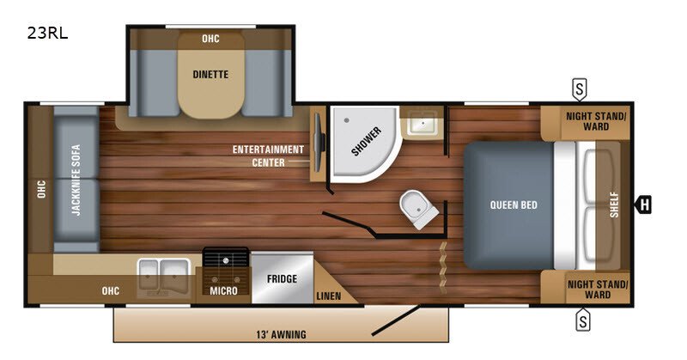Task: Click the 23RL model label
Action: point(47,34)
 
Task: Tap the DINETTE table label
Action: point(210,75)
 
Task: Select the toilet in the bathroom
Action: point(418,209)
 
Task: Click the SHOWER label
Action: point(367,141)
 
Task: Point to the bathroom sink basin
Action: point(421,122)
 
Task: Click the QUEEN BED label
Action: point(514,204)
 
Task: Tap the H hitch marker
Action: point(643,204)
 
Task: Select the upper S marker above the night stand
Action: point(579,89)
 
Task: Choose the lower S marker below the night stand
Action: point(583,320)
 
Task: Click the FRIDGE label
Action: point(282,279)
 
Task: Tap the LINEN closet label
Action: point(329,296)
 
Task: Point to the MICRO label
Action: point(223,290)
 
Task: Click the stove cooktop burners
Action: point(226,269)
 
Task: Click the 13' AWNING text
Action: point(282,334)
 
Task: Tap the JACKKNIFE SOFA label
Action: point(76,180)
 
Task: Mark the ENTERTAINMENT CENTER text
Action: point(268,156)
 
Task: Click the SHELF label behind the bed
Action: point(614,204)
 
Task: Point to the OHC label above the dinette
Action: point(210,39)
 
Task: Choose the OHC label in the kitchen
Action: point(111,290)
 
